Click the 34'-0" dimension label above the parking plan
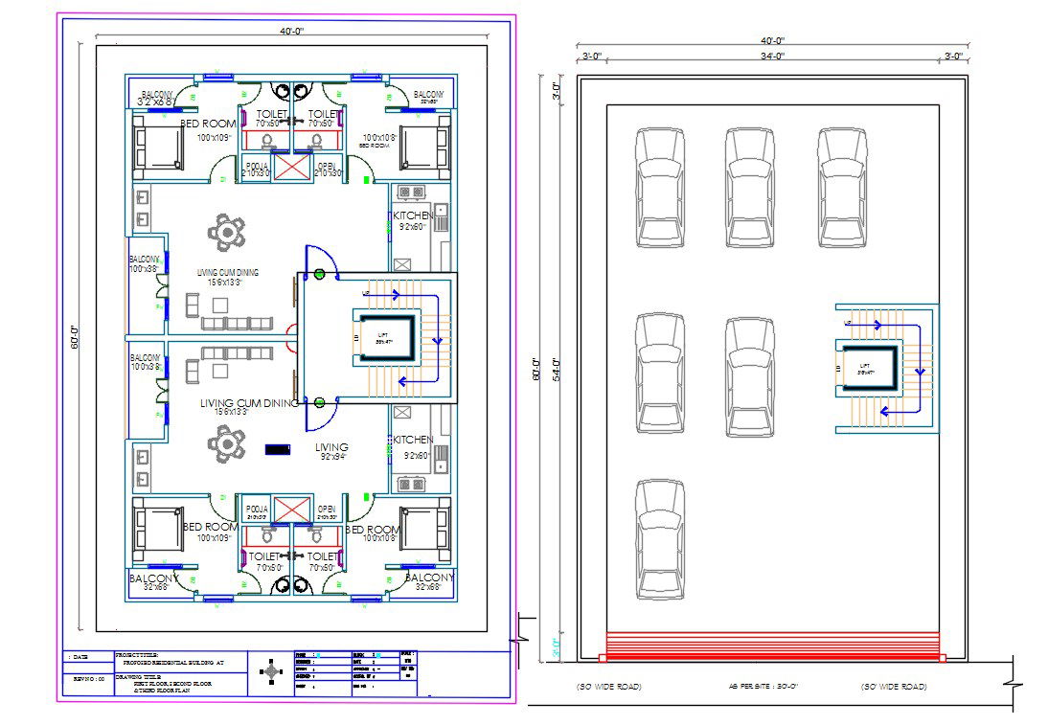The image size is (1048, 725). [x=773, y=57]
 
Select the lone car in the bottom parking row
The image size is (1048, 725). [x=660, y=538]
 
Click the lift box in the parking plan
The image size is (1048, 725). [x=868, y=369]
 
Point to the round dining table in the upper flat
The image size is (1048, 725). [x=227, y=232]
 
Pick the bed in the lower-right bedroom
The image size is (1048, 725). [x=424, y=529]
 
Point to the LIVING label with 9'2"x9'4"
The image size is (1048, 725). [x=331, y=447]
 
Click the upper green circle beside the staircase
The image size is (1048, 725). [x=319, y=275]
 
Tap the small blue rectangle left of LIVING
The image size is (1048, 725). [x=278, y=448]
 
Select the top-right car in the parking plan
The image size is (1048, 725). [x=842, y=187]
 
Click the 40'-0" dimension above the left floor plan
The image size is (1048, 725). [x=291, y=31]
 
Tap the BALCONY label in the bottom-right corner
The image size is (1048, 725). [x=429, y=578]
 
